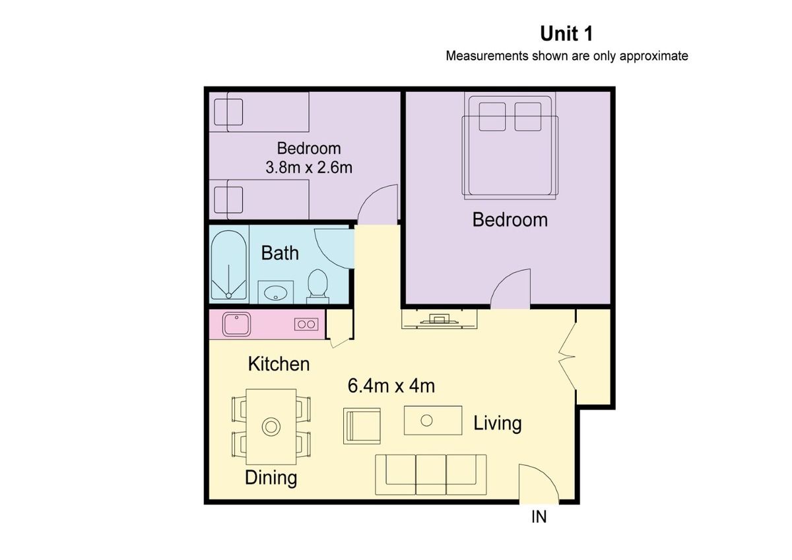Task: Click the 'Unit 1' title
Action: tap(566, 34)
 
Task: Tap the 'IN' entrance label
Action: tap(539, 517)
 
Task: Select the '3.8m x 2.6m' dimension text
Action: tap(309, 167)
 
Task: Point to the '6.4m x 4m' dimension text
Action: tap(391, 386)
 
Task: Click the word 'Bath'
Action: tap(280, 254)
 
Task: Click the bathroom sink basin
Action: tap(275, 293)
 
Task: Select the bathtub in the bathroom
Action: tap(229, 265)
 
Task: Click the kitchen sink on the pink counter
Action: tap(236, 324)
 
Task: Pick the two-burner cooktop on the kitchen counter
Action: tap(306, 324)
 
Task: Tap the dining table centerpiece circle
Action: tap(271, 427)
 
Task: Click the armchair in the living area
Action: tap(362, 425)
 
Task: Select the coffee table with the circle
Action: tap(433, 420)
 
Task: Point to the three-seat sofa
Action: tap(430, 475)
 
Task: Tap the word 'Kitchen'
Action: tap(279, 364)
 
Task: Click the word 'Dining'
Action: tap(271, 477)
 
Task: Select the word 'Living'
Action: tap(498, 423)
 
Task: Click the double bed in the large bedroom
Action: tap(510, 145)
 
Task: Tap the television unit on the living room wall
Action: tap(440, 320)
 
